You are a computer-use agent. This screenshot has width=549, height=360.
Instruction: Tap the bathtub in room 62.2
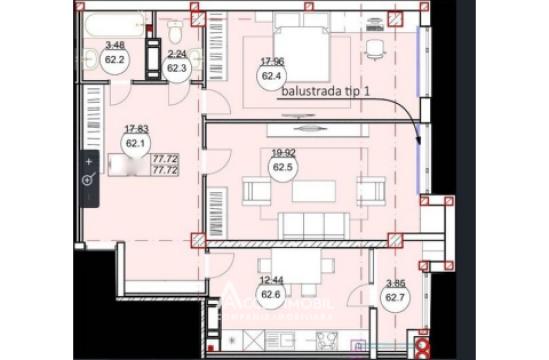point(113,24)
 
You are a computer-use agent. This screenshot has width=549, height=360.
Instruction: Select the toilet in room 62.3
point(175,29)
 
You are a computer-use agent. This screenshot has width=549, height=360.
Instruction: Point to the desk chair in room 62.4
point(375,48)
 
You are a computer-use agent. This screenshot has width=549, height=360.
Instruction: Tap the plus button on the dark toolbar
point(89,161)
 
